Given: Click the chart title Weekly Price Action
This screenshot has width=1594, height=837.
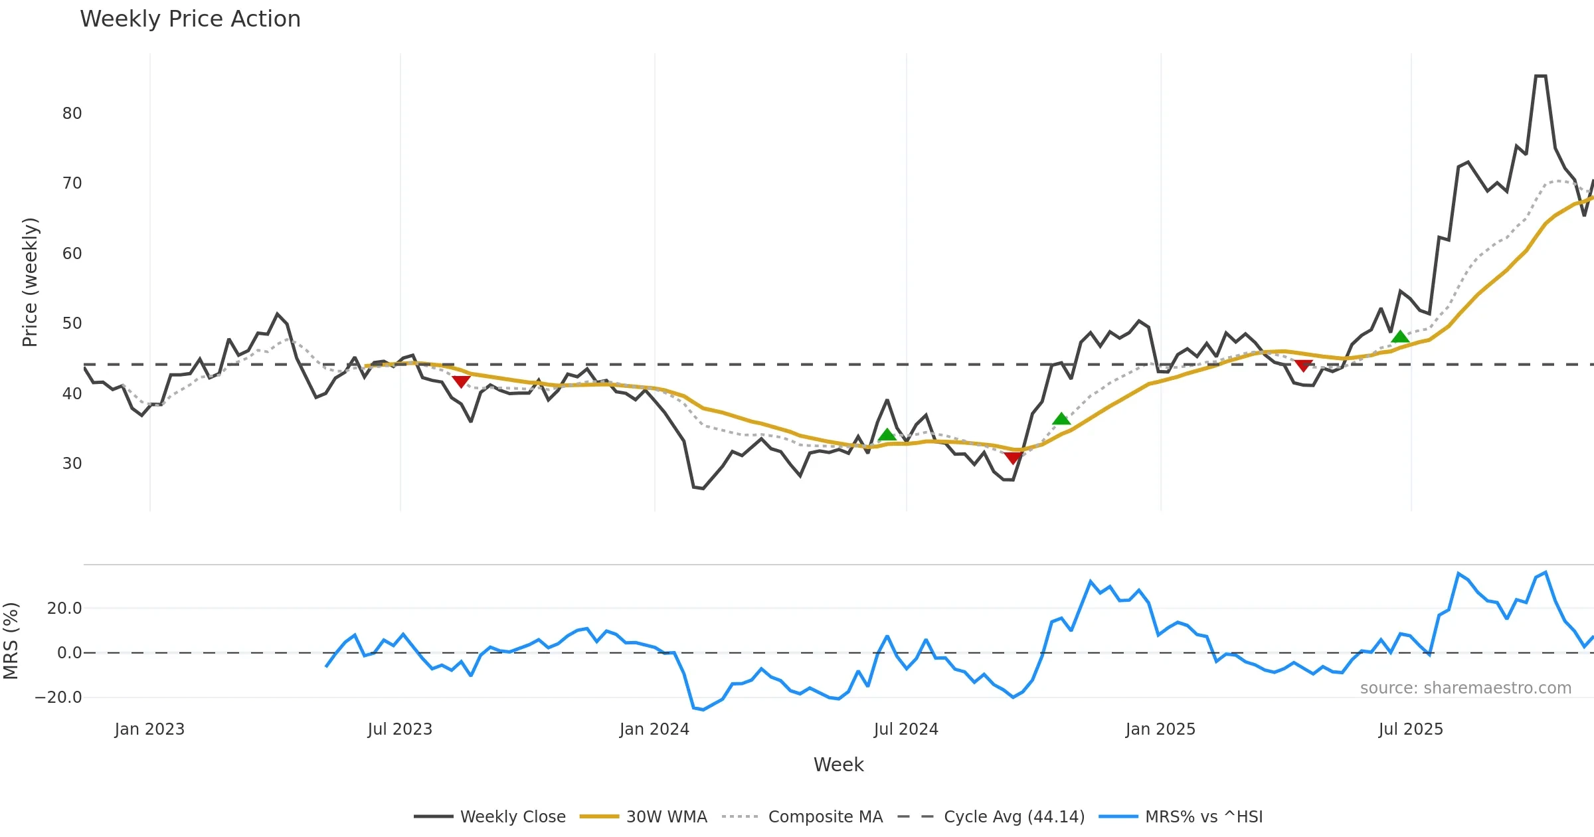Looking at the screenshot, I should pyautogui.click(x=190, y=19).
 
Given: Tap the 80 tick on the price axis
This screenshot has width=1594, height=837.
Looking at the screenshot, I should pyautogui.click(x=72, y=114).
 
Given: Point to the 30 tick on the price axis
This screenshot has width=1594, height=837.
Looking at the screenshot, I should pyautogui.click(x=72, y=464).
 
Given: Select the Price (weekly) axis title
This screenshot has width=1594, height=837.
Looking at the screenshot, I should pyautogui.click(x=30, y=282).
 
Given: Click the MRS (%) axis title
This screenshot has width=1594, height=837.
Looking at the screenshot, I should pyautogui.click(x=11, y=641).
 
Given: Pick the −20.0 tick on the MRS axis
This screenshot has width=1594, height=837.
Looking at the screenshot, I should pyautogui.click(x=58, y=697).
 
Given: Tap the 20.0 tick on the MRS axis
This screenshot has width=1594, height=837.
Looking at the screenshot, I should pyautogui.click(x=64, y=608).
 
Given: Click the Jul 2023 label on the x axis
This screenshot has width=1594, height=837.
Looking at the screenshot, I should pyautogui.click(x=400, y=729).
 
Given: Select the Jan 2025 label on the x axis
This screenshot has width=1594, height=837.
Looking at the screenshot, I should pyautogui.click(x=1160, y=729).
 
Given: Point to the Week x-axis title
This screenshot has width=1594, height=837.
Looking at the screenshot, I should pyautogui.click(x=838, y=765).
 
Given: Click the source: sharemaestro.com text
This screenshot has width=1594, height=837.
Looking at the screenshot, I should pyautogui.click(x=1465, y=688).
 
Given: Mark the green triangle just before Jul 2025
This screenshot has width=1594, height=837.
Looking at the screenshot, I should pyautogui.click(x=1400, y=337).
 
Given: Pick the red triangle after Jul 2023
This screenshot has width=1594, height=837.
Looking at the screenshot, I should pyautogui.click(x=461, y=381).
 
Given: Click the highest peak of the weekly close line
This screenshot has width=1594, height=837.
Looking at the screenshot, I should pyautogui.click(x=1540, y=76).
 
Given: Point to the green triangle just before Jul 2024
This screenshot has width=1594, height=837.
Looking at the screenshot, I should pyautogui.click(x=887, y=435).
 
